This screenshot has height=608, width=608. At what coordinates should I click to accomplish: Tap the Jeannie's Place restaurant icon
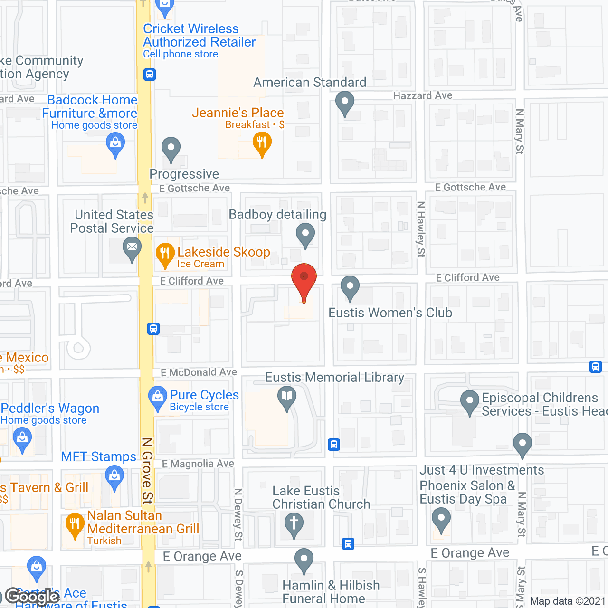click(262, 142)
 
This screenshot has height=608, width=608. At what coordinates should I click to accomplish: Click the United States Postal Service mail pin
click(132, 248)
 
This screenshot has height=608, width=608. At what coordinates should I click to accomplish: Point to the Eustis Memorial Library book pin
click(287, 397)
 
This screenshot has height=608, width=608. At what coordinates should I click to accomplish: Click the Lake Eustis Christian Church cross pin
click(294, 523)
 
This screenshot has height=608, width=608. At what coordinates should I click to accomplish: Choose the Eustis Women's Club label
click(390, 313)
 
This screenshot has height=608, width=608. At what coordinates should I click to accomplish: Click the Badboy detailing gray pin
click(305, 234)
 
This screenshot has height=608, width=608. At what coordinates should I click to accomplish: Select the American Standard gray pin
click(345, 102)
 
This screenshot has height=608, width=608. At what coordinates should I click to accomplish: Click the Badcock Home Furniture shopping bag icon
click(115, 143)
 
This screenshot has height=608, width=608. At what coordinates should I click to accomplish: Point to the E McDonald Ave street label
click(199, 372)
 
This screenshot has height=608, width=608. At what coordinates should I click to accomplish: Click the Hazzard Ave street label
click(423, 95)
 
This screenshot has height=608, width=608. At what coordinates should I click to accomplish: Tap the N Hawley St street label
click(421, 229)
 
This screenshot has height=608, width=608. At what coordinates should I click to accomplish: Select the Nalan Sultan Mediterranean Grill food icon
click(75, 524)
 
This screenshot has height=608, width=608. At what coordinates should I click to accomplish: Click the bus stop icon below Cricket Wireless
click(150, 75)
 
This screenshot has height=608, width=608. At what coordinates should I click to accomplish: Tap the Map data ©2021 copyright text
click(568, 601)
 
